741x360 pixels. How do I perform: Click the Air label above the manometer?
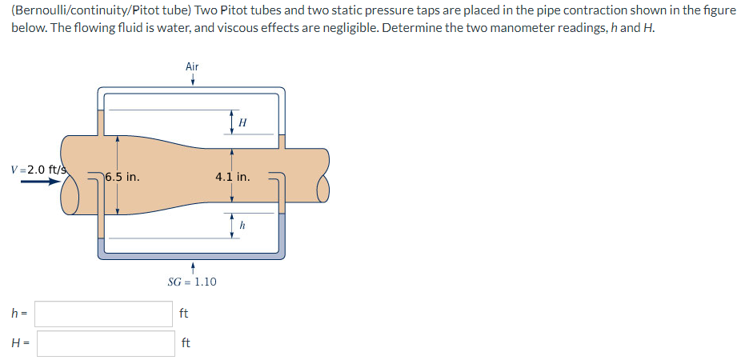(x=192, y=66)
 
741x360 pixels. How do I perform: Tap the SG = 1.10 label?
(x=192, y=282)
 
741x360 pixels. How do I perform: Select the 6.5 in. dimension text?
(x=122, y=178)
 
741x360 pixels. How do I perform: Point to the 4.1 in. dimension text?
(x=233, y=178)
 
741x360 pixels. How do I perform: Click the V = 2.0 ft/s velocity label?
(x=38, y=170)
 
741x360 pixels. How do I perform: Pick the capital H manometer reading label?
(x=243, y=123)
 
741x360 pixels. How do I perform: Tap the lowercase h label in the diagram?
(x=242, y=226)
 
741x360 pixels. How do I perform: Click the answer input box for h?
(x=103, y=314)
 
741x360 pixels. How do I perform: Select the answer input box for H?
(x=106, y=343)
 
